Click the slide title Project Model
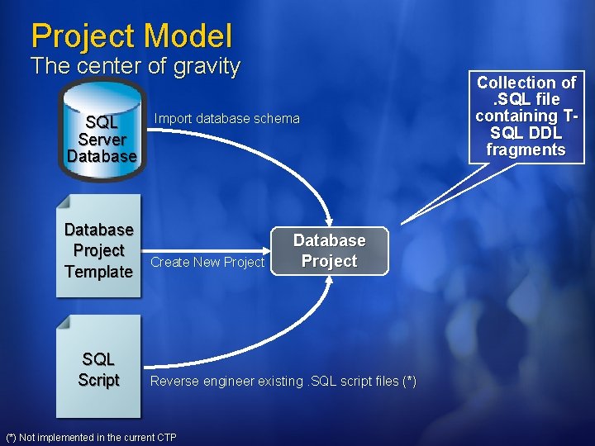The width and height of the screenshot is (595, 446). pos(131,36)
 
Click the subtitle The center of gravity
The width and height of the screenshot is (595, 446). pos(135,66)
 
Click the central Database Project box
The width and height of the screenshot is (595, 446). pos(329,250)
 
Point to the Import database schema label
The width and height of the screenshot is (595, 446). pos(226,119)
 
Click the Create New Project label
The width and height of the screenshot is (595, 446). pos(207,263)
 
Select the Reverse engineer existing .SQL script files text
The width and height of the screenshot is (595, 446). pos(283,381)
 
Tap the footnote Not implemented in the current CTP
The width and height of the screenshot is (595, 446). pos(91,437)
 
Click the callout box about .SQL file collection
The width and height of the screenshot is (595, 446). pos(526,116)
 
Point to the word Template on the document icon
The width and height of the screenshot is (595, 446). pos(98,271)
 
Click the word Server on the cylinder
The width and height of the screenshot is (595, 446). pos(102,140)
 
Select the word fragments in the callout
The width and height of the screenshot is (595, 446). pos(526,149)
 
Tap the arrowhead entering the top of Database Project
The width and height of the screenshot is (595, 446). pos(329,221)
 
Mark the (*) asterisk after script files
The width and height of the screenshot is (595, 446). pos(409,381)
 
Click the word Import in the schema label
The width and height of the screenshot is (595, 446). pos(173,119)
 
